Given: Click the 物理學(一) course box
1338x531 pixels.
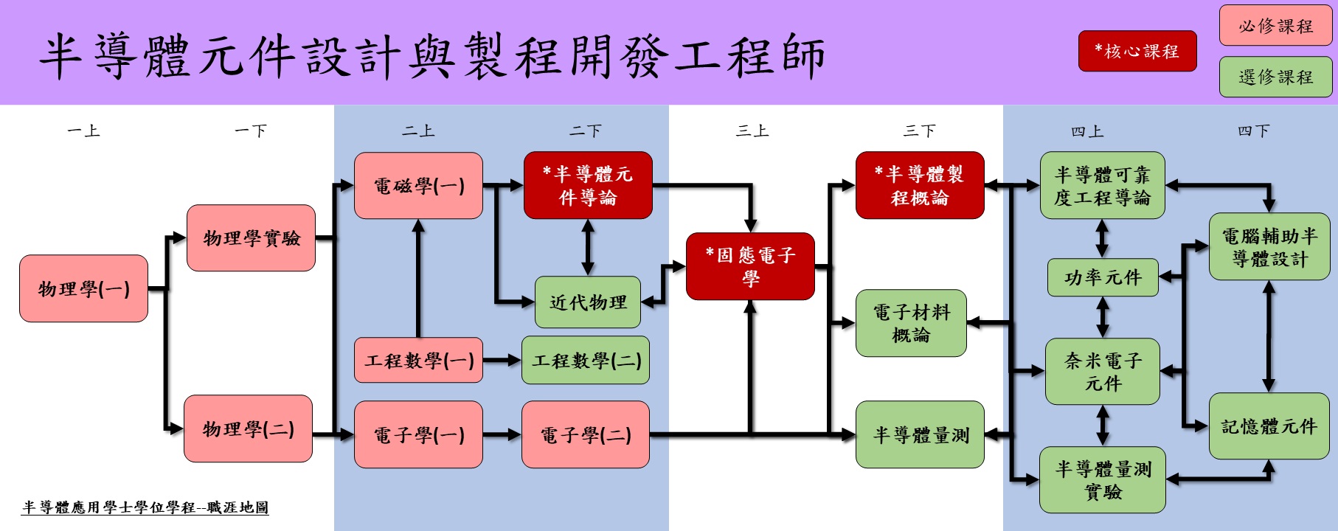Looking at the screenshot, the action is coord(83,288).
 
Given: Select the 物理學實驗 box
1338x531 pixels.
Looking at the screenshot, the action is coord(251,238).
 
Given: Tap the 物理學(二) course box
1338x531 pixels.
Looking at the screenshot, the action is coord(248,428).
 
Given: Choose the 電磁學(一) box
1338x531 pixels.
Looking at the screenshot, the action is coord(418,186).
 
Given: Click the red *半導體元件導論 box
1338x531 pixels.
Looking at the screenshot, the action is coord(588,185).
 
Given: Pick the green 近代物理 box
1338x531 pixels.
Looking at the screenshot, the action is coord(587,302).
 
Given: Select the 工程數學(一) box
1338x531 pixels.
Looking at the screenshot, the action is coord(418,360).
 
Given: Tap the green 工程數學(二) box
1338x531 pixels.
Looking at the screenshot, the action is coord(586,360).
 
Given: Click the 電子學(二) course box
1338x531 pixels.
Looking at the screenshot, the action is coord(586,434).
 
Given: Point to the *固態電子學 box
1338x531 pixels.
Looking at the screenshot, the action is coord(750,266).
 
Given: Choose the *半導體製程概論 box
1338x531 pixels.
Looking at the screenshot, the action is coord(920,185).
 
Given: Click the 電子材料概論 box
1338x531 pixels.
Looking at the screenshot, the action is coord(911,323).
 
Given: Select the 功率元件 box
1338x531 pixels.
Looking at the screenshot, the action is coord(1103,277).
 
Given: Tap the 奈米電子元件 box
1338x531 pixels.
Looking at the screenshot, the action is coord(1103,372).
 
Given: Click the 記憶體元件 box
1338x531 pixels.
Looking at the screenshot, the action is coord(1269,426).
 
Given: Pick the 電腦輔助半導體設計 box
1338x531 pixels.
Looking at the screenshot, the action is coord(1269,247).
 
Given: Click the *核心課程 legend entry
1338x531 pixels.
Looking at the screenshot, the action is coord(1137,51).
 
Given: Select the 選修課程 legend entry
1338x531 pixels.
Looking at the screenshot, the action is coord(1276,77).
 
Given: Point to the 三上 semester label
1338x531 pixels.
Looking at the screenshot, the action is coord(752,131).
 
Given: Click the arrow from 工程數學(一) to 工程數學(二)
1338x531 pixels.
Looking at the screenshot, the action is coord(502,360).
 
